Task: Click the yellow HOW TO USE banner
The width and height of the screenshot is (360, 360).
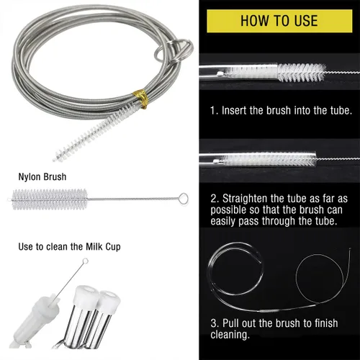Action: coord(279,21)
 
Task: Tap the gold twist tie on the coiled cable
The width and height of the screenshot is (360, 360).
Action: coord(141,99)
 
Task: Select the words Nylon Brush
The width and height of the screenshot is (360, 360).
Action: coord(42,177)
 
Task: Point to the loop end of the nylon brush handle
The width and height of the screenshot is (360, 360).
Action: coord(184,199)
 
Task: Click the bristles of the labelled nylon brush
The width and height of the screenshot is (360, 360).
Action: coord(50,199)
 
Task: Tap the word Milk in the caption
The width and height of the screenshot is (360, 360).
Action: coord(94,246)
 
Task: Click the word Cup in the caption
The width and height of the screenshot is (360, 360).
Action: coord(112,247)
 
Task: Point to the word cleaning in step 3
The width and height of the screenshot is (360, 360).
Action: coord(230,335)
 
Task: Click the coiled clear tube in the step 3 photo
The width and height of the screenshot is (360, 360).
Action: coord(235,269)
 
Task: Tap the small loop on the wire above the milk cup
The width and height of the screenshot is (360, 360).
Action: coord(85,261)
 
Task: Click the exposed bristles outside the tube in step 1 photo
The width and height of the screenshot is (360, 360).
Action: coord(302,72)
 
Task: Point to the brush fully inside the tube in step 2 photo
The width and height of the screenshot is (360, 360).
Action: coord(269,159)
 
